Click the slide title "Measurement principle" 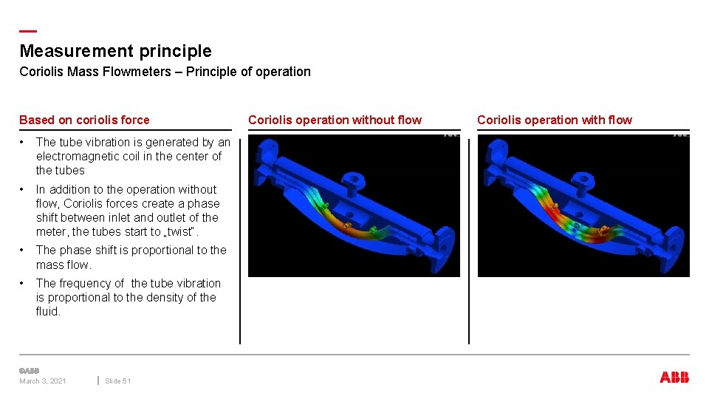115,51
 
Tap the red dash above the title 27,31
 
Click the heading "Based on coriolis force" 84,120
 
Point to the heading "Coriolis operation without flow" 335,120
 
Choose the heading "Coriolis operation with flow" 555,120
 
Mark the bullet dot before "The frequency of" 24,283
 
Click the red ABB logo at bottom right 674,378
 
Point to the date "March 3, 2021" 42,381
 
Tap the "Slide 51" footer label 118,381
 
